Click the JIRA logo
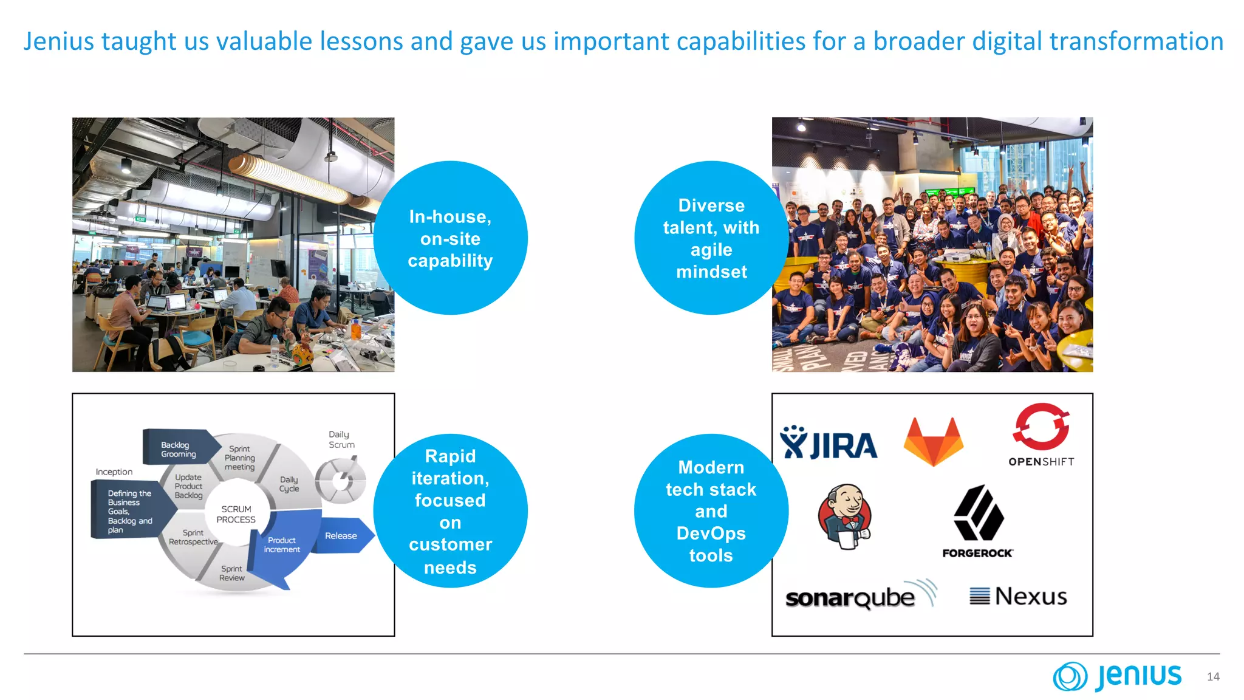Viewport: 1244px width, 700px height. point(829,444)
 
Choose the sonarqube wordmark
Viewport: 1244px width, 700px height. point(850,598)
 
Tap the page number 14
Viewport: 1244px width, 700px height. point(1213,676)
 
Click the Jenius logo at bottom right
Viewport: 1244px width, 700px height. point(1118,676)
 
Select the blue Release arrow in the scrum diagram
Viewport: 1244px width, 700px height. point(342,536)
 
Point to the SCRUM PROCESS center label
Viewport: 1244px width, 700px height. point(236,514)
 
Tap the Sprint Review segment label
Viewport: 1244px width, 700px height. point(232,573)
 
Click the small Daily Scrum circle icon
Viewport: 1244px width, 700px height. point(341,481)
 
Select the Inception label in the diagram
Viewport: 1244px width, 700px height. point(114,472)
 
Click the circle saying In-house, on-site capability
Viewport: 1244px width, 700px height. point(450,238)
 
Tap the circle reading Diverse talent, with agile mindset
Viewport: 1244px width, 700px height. point(711,238)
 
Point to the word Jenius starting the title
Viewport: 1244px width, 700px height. point(59,41)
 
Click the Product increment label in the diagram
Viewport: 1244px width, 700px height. point(281,544)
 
